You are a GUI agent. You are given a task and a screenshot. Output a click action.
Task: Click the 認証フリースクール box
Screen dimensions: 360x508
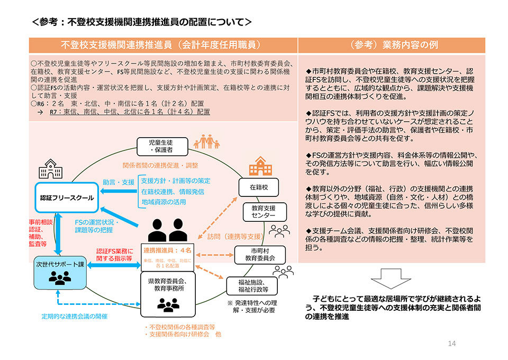coord(67,197)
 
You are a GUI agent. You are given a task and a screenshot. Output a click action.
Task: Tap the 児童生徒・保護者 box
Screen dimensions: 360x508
coord(158,146)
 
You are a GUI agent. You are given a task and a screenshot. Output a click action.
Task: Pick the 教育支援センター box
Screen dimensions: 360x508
coord(263,212)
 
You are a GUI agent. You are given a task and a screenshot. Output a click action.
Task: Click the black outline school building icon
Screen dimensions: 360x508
coord(51,169)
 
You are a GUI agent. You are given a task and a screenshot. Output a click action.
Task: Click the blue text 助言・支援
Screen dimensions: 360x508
coord(119,182)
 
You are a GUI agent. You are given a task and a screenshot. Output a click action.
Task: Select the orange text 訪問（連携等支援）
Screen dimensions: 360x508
coord(235,237)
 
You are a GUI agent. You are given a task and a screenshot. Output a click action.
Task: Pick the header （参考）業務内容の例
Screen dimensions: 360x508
coord(392,45)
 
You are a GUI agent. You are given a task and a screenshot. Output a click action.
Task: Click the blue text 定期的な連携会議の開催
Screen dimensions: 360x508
coord(75,316)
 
